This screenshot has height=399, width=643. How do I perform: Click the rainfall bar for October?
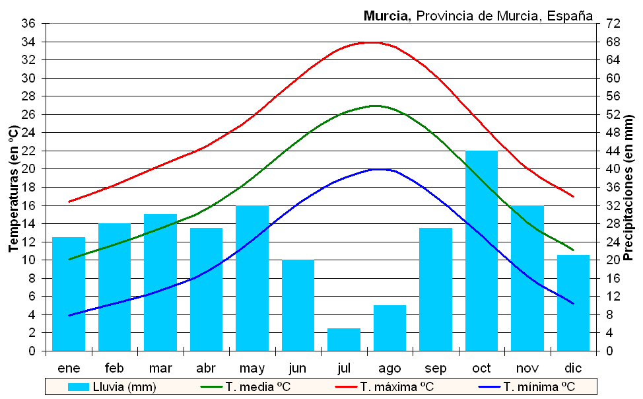click(481, 251)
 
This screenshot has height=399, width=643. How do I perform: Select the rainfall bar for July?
click(344, 340)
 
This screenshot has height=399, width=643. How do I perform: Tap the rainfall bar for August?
click(389, 328)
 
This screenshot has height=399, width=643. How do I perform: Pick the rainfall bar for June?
click(298, 305)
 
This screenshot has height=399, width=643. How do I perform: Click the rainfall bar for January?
click(69, 294)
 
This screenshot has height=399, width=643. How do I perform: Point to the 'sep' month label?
click(436, 368)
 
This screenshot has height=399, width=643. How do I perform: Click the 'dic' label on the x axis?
click(573, 368)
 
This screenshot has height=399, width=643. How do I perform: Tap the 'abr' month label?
click(206, 368)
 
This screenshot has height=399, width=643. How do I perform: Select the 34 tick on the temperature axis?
click(29, 42)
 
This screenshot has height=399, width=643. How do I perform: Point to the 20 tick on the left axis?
click(29, 169)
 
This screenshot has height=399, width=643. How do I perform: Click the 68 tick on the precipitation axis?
click(613, 42)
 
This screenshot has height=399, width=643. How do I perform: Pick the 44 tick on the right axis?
click(613, 151)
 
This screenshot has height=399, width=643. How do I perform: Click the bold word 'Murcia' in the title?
click(388, 16)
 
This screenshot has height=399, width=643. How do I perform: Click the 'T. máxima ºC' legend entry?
click(396, 387)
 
